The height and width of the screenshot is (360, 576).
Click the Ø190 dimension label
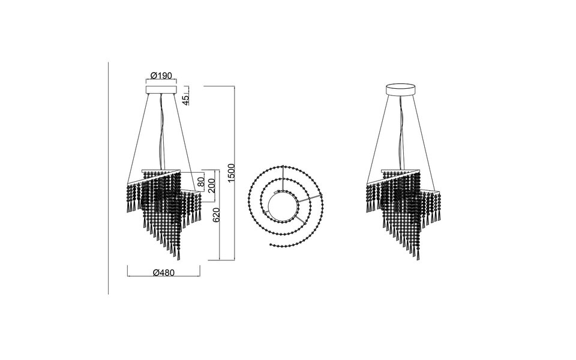click(161, 76)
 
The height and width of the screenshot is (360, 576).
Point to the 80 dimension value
click(202, 179)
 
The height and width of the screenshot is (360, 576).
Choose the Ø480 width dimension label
click(163, 272)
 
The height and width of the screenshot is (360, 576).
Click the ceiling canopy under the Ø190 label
click(161, 90)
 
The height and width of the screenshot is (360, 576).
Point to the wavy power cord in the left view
click(160, 132)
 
